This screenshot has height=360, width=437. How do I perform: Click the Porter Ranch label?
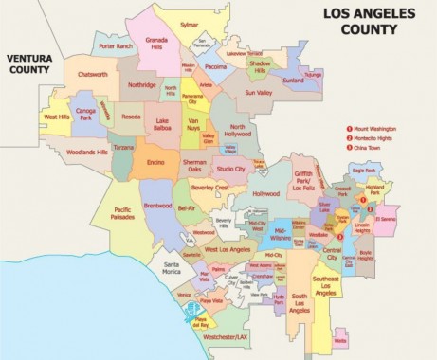116,45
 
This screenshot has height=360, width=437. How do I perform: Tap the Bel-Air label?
186,207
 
